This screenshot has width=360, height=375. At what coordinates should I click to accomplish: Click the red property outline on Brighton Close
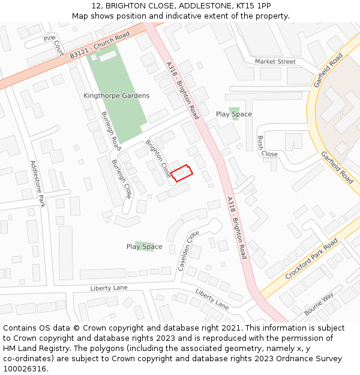[182, 172]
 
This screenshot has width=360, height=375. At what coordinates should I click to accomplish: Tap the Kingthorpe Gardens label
[116, 96]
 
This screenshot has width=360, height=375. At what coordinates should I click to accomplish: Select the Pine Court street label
[55, 44]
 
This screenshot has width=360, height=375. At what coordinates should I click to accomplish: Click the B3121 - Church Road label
[100, 46]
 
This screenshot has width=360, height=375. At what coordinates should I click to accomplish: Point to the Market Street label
[275, 62]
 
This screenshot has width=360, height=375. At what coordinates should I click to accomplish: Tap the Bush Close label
[266, 146]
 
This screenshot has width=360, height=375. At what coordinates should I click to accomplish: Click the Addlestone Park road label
[38, 184]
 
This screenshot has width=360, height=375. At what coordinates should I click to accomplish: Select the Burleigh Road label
[111, 130]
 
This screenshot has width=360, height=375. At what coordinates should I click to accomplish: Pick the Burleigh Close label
[122, 178]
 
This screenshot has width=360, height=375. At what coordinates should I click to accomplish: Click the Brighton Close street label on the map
[157, 159]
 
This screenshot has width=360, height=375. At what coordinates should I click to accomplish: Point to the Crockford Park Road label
[311, 259]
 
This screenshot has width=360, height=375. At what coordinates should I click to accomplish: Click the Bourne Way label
[319, 305]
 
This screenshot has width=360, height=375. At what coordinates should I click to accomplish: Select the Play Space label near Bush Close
[234, 114]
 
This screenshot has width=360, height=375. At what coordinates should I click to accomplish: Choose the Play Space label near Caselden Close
[144, 247]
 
